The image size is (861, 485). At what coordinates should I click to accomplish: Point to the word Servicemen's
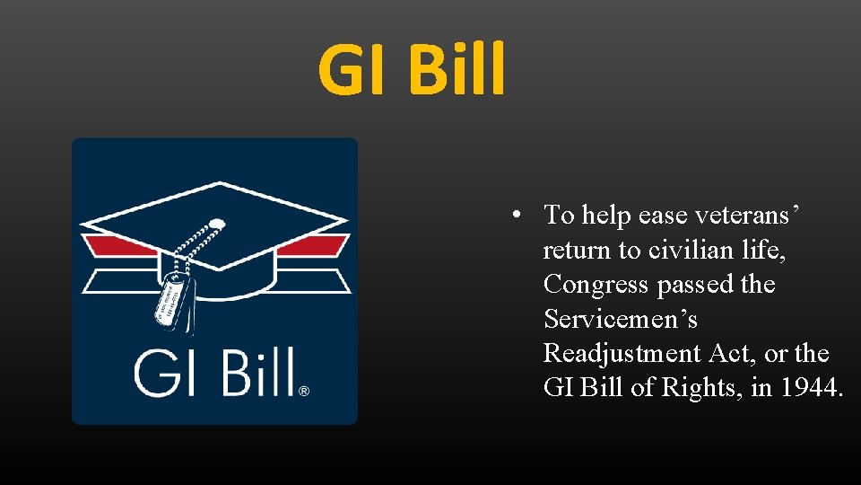pos(621,319)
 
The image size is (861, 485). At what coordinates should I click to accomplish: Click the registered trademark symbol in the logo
pos(304,391)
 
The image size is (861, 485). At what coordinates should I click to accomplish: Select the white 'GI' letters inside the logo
pos(163,372)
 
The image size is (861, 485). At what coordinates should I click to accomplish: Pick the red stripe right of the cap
pos(319,246)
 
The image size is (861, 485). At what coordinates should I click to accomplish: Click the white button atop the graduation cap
pos(216,222)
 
